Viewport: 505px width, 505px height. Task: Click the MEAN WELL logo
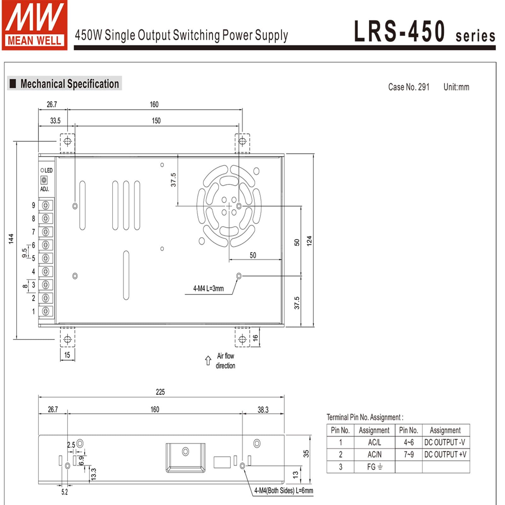coord(35,25)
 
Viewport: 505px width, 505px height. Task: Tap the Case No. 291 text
coord(408,87)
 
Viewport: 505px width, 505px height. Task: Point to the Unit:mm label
coord(456,87)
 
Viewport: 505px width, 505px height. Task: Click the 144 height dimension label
coord(11,239)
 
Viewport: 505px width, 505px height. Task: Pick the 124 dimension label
coord(309,241)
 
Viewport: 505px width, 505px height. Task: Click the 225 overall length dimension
coord(160,392)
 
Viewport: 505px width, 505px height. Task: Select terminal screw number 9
coord(46,205)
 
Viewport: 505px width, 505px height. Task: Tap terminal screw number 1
coord(46,311)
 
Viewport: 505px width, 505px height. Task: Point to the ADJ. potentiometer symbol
coord(44,180)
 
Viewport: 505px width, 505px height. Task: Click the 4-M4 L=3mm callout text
coord(208,288)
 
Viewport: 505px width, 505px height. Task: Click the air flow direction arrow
coord(208,361)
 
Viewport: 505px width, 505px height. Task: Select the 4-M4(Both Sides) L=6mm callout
coord(284,491)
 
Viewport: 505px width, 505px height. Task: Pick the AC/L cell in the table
coord(374,442)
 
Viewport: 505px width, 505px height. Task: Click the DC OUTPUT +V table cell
coord(445,455)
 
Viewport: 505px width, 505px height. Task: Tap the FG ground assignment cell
coord(374,467)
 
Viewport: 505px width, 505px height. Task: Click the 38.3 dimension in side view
coord(263,410)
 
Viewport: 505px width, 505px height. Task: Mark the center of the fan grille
coord(229,206)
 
